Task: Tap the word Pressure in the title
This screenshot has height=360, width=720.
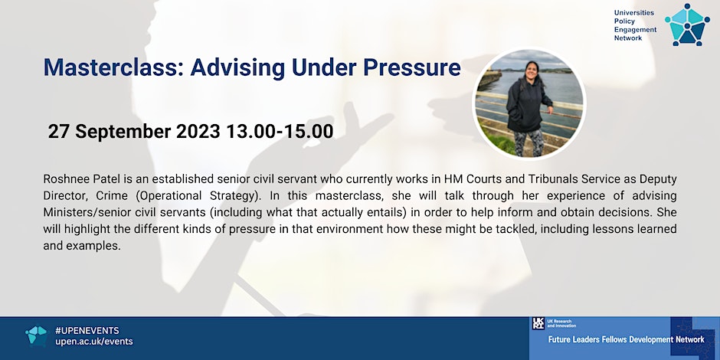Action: click(412, 67)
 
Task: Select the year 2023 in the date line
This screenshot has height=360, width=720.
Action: click(198, 132)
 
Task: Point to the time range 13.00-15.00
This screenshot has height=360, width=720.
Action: click(280, 132)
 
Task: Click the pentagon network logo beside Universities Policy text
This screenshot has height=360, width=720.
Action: click(687, 25)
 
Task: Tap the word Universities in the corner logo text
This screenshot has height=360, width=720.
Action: click(634, 13)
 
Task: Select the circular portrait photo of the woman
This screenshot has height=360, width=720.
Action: click(529, 103)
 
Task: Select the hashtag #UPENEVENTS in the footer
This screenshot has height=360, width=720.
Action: click(87, 331)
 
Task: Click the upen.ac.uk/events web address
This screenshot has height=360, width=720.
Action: click(93, 342)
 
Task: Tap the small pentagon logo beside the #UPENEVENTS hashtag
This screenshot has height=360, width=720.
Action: click(36, 336)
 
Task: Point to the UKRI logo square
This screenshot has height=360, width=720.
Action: click(538, 323)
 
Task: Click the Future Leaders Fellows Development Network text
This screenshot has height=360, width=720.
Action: click(627, 340)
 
